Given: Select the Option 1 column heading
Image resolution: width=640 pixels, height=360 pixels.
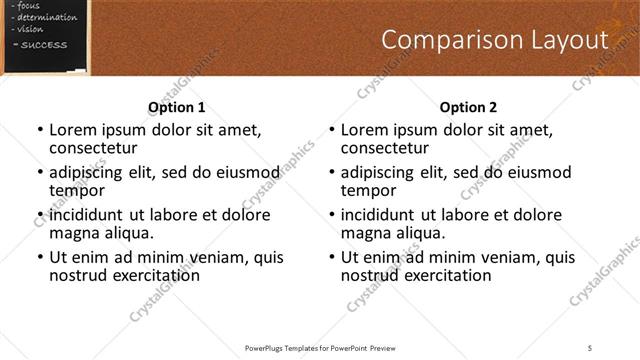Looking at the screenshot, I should (x=177, y=107).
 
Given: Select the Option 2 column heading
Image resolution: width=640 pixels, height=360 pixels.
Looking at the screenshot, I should (x=468, y=107).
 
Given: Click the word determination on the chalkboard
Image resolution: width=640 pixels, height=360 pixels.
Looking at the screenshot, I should (x=46, y=17).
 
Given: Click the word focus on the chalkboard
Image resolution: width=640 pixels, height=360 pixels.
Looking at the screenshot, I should (x=29, y=5).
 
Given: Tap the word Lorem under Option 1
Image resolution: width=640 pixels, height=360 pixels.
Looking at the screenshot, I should (x=71, y=130).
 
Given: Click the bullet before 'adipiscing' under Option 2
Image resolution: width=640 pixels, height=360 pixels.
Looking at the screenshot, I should (x=331, y=173).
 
